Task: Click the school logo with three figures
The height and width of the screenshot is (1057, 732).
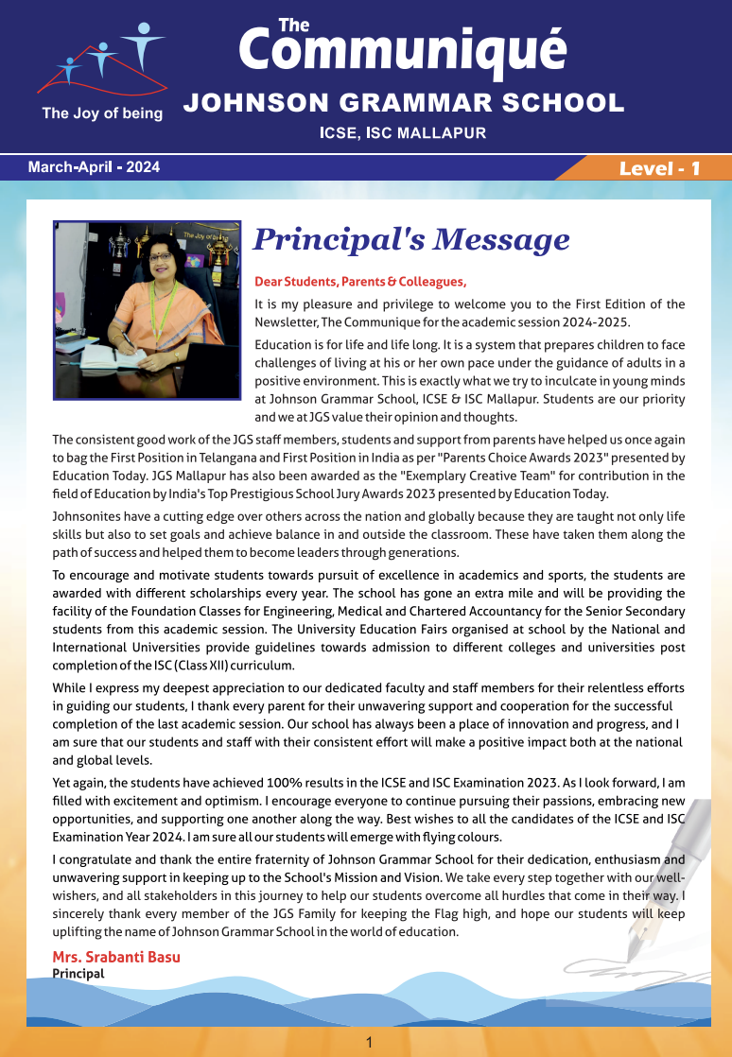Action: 99,61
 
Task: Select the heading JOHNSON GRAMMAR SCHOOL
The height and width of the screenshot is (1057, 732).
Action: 403,103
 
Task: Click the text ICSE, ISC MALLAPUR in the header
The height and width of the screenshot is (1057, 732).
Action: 403,133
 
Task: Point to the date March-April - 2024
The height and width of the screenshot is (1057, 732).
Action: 94,167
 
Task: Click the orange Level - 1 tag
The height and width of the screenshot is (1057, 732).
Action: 659,168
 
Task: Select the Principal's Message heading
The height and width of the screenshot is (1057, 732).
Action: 411,240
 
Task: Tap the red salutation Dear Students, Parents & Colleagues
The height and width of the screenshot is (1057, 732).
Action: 360,282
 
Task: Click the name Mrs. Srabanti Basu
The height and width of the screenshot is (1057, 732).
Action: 116,957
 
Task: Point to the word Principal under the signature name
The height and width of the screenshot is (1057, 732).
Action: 78,973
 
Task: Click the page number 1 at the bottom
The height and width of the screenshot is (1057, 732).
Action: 370,1042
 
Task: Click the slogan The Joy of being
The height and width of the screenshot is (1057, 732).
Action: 102,113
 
